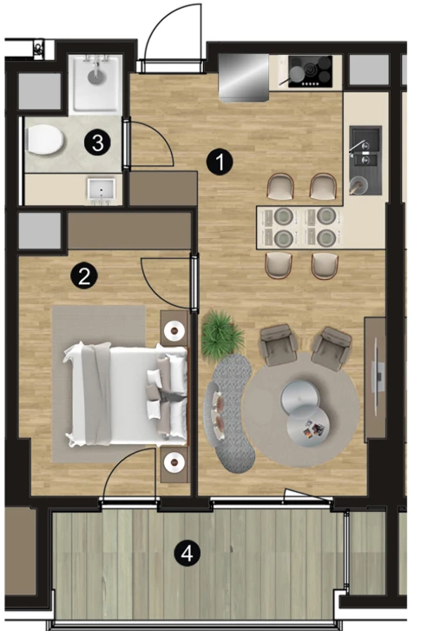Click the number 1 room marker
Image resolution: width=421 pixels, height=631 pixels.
coord(220,162)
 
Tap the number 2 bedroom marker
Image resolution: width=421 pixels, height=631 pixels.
coord(84,276)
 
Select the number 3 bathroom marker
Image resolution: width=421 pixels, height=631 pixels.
coord(98,143)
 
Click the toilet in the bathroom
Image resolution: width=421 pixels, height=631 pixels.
coord(44,140)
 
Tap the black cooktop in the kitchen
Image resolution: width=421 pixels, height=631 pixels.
coord(311,71)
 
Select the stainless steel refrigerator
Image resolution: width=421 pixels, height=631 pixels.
coord(244,77)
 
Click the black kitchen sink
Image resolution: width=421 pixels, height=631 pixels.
coord(365,160)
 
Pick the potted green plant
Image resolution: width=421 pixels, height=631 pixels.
coord(222,335)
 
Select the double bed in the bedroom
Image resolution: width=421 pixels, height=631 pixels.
coord(126,395)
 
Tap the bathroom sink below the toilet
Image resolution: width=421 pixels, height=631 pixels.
coord(102,190)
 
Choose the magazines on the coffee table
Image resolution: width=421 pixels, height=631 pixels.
coord(312,429)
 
